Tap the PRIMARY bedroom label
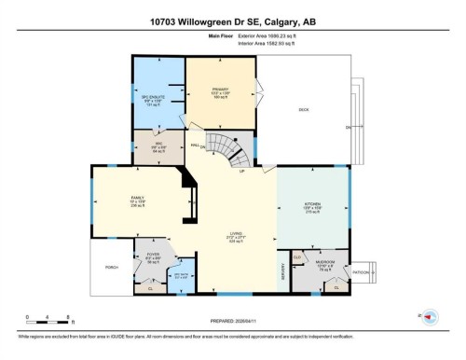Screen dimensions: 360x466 [x=220, y=91]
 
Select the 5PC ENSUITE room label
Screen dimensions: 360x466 [x=154, y=97]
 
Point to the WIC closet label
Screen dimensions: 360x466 [x=159, y=145]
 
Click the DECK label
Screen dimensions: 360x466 [x=303, y=110]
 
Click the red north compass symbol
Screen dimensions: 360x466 [x=431, y=317]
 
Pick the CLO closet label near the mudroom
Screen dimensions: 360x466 [x=297, y=256]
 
